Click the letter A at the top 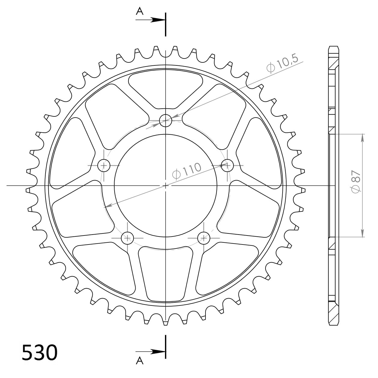[x=140, y=11]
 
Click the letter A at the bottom [x=140, y=361]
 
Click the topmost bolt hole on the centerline [x=165, y=121]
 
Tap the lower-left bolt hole [x=127, y=238]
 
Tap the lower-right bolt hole [x=204, y=238]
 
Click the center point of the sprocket [x=166, y=186]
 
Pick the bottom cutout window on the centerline [x=166, y=271]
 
